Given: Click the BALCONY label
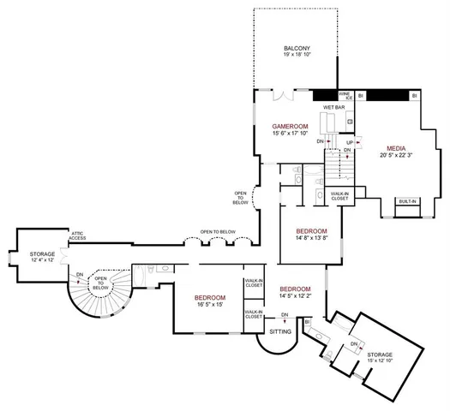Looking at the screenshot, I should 297,47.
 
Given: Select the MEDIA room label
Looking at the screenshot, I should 396,147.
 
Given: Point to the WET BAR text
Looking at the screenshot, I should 333,107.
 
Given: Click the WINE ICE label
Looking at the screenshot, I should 344,95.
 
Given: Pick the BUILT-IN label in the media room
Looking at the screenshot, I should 407,202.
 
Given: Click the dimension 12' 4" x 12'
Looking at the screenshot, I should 43,261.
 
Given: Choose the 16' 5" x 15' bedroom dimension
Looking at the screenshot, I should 208,304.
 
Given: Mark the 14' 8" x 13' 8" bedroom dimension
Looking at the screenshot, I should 311,239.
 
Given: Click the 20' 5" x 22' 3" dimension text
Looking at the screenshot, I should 396,155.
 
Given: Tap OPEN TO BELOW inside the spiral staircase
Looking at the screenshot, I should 101,283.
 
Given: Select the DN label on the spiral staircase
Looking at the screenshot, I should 79,275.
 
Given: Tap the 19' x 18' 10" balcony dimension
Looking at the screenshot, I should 297,55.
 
